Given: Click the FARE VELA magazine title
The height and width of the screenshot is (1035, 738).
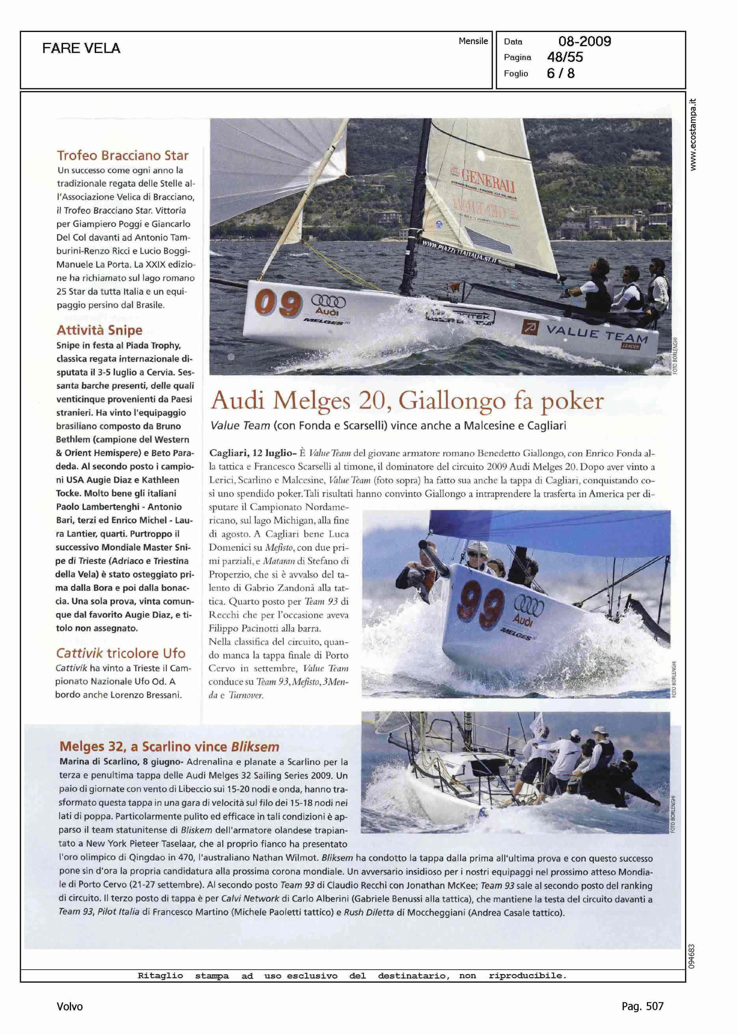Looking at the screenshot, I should [81, 48].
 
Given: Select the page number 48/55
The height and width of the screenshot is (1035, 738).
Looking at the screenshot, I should [565, 57].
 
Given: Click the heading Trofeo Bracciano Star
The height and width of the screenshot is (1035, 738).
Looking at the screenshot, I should [123, 155].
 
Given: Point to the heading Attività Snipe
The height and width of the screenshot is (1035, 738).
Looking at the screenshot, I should [99, 330].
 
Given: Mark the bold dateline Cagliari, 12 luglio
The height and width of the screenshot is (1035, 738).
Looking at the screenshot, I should [250, 453].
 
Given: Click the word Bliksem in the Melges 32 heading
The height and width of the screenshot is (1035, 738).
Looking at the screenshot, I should [255, 747].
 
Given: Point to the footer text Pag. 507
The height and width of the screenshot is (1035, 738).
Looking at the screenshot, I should [642, 1006].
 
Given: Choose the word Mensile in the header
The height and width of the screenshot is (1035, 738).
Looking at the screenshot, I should [473, 41].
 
